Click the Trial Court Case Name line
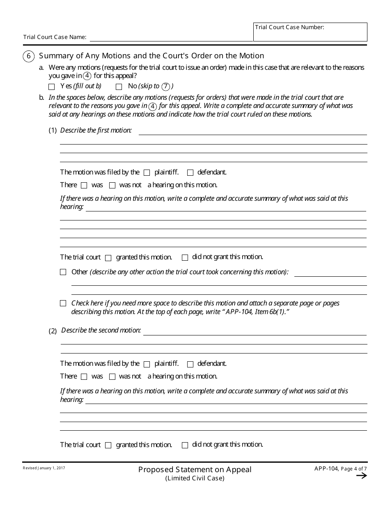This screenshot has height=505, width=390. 171,37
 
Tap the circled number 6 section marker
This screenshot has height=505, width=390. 28,56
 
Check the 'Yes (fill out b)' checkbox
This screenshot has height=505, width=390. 51,87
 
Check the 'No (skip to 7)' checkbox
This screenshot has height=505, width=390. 119,87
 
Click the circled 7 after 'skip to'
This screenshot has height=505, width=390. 165,86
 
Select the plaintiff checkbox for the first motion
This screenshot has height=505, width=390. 147,173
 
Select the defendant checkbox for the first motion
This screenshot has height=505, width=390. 190,173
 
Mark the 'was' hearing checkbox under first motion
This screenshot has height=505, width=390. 84,185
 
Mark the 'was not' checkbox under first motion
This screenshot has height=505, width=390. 112,185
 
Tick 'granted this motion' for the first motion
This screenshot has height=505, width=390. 108,258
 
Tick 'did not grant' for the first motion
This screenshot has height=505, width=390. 185,257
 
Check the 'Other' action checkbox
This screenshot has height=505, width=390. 63,272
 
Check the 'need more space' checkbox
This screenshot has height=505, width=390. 63,303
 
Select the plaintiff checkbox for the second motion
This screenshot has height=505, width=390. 147,364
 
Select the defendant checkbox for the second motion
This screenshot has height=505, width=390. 190,364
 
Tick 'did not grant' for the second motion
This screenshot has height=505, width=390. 185,445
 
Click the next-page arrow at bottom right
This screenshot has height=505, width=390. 361,476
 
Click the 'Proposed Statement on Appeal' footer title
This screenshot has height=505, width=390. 195,469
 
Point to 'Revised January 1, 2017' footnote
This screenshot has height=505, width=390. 44,468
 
